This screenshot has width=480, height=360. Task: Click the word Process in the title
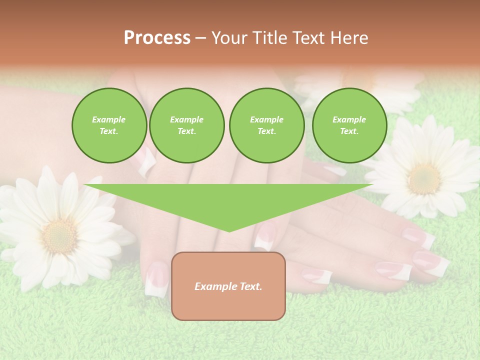(157, 38)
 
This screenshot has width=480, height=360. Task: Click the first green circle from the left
(109, 125)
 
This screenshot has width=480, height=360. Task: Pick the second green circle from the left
(186, 125)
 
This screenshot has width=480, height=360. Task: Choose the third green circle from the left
(266, 125)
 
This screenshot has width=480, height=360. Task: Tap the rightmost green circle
(349, 125)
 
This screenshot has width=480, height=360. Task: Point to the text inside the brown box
(228, 286)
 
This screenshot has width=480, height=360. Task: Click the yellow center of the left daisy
(59, 235)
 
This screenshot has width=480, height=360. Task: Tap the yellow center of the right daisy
(424, 178)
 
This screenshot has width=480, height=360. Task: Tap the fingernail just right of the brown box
(317, 274)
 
